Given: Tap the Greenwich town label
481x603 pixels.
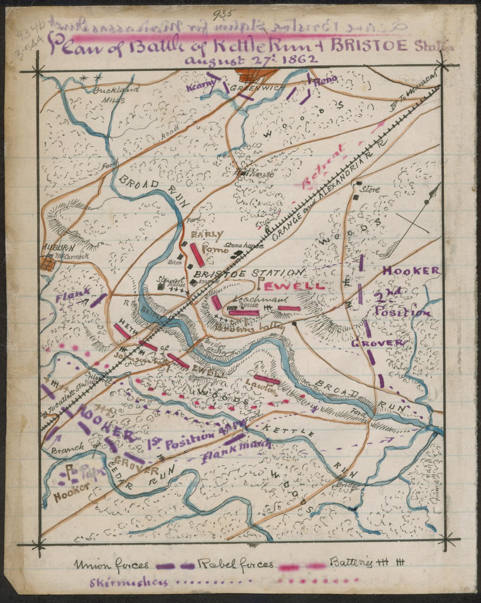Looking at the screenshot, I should (x=257, y=88).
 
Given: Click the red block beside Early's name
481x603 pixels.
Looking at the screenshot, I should (x=197, y=254).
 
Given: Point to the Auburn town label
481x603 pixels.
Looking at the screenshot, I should (x=58, y=248).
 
